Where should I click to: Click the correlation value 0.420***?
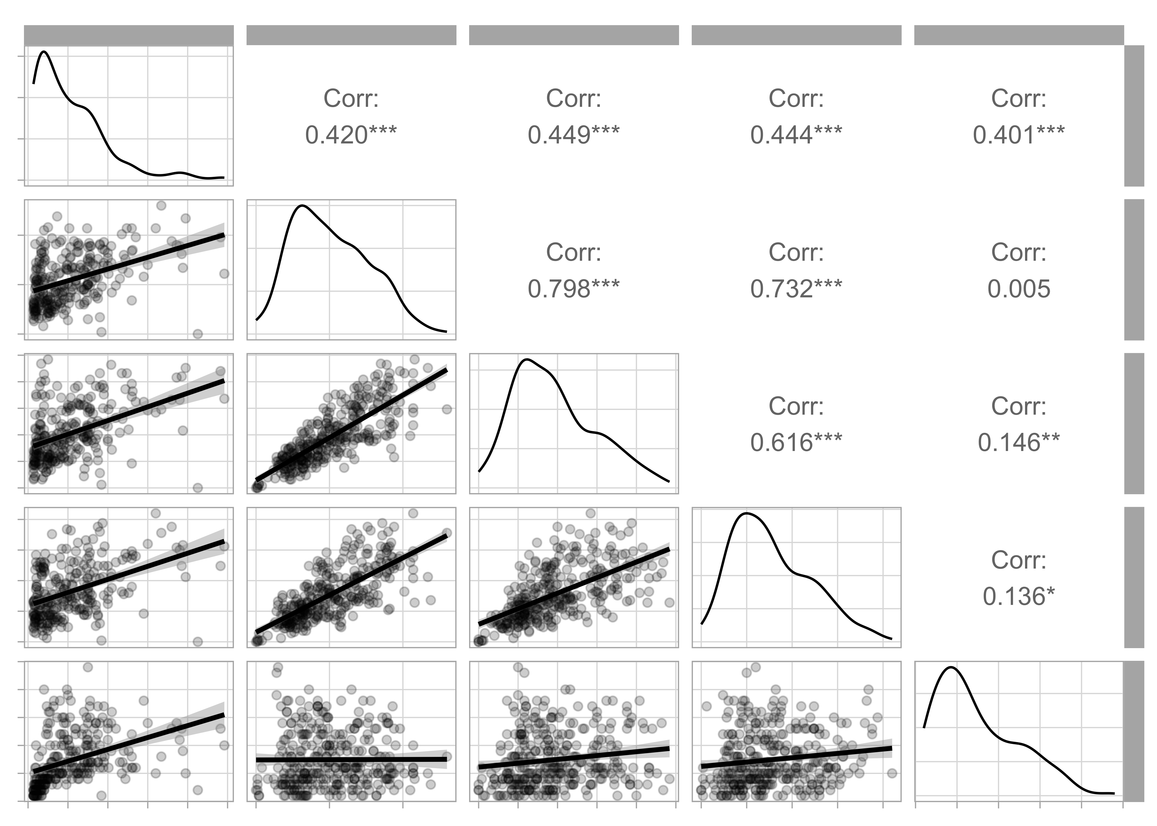(351, 135)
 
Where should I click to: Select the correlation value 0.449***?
(574, 135)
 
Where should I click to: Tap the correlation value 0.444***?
(796, 135)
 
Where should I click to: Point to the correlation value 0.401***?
(1019, 135)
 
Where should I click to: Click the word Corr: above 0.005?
(1019, 253)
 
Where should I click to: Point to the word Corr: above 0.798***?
(574, 253)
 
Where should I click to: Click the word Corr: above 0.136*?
(1019, 561)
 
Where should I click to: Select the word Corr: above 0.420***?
(351, 99)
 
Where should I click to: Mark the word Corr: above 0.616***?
(796, 406)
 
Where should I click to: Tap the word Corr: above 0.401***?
(1019, 99)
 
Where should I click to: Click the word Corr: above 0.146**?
(1019, 406)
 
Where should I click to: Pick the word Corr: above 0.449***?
(574, 99)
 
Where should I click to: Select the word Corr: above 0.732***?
(796, 253)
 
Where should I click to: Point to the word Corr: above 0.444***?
(796, 99)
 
